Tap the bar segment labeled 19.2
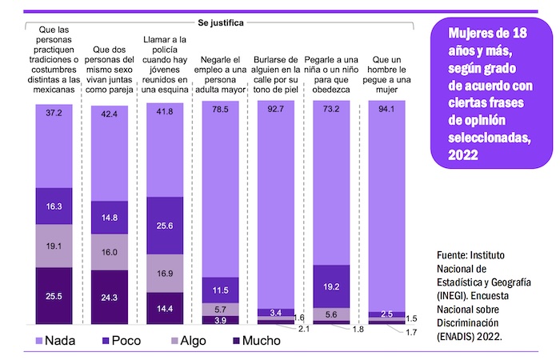click(x=330, y=286)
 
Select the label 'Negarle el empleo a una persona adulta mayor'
click(x=221, y=75)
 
